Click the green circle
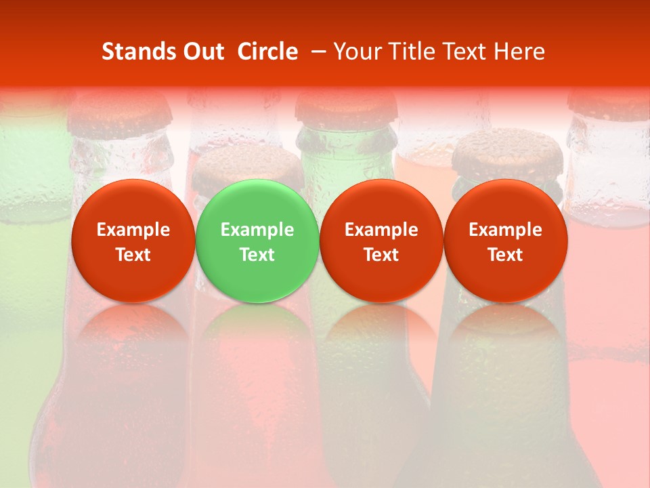coord(257,241)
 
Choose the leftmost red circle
coord(133,241)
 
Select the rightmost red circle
coord(506,241)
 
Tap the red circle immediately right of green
coord(381,241)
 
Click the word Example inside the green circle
coord(257,230)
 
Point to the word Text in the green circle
coord(257,255)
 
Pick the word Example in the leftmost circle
coord(133,230)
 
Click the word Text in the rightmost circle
coord(506,255)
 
